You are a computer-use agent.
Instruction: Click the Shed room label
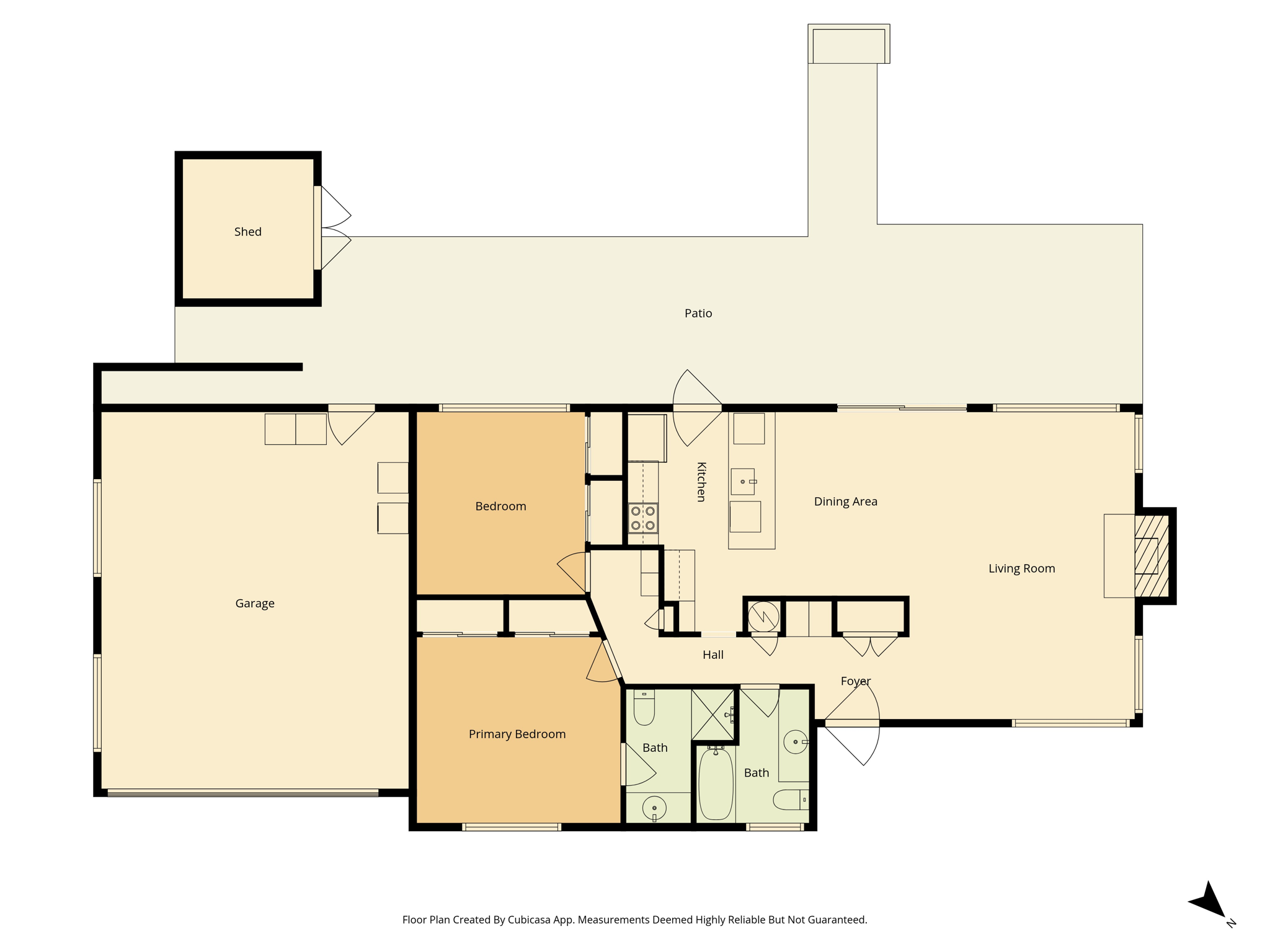tap(247, 232)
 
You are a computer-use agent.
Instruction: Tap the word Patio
tap(698, 314)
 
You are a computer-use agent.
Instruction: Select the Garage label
tap(255, 604)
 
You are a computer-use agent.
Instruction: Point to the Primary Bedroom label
tap(517, 734)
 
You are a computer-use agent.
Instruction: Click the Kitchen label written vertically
tap(701, 482)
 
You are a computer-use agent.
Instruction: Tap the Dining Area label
tap(846, 502)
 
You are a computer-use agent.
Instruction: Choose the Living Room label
tap(1022, 569)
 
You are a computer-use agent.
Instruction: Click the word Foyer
tap(856, 682)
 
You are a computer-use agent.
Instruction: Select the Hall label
tap(713, 655)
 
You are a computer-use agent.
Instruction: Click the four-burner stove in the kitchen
tap(643, 519)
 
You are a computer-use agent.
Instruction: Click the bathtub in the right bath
tap(716, 784)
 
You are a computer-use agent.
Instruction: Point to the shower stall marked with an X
tap(713, 715)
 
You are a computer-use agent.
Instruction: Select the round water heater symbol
tap(763, 617)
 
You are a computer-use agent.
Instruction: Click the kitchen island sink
tap(743, 482)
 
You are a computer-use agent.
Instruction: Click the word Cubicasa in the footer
tap(529, 920)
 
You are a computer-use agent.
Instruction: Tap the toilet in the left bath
tap(644, 708)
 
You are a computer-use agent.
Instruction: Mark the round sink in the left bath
tap(654, 808)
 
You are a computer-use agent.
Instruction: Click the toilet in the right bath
tap(791, 800)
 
